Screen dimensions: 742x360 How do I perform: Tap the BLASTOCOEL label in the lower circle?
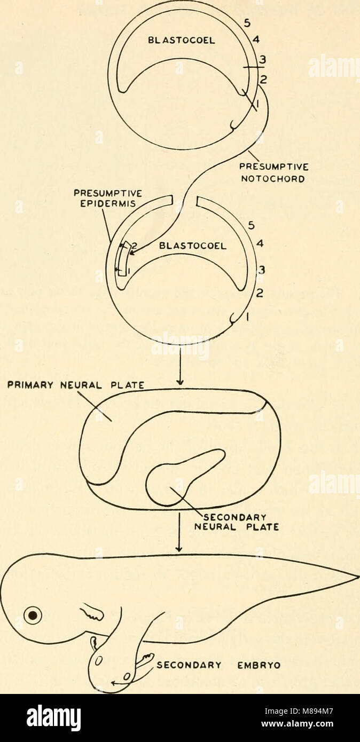click(193, 247)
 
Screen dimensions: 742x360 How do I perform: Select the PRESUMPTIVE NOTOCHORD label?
click(272, 175)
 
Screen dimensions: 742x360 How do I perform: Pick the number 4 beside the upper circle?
click(257, 40)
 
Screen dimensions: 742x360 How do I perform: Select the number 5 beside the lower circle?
click(250, 225)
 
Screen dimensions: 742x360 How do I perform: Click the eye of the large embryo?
click(33, 616)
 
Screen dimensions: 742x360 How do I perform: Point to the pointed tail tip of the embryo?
click(354, 577)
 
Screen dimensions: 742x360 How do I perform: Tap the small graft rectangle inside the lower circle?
click(123, 259)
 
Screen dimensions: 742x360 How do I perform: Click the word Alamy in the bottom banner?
click(53, 717)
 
